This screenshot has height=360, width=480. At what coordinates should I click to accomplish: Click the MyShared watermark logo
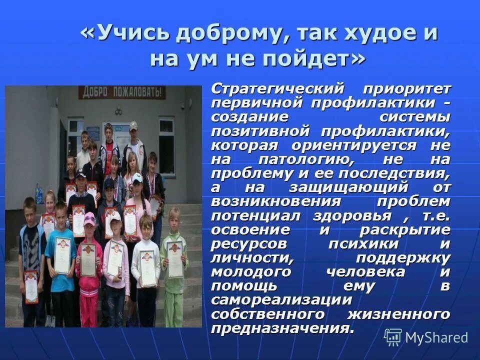tap(426, 337)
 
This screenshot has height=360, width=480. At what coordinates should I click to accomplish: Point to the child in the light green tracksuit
tap(174, 260)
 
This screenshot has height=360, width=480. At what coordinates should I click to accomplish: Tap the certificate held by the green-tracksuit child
tap(174, 258)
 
